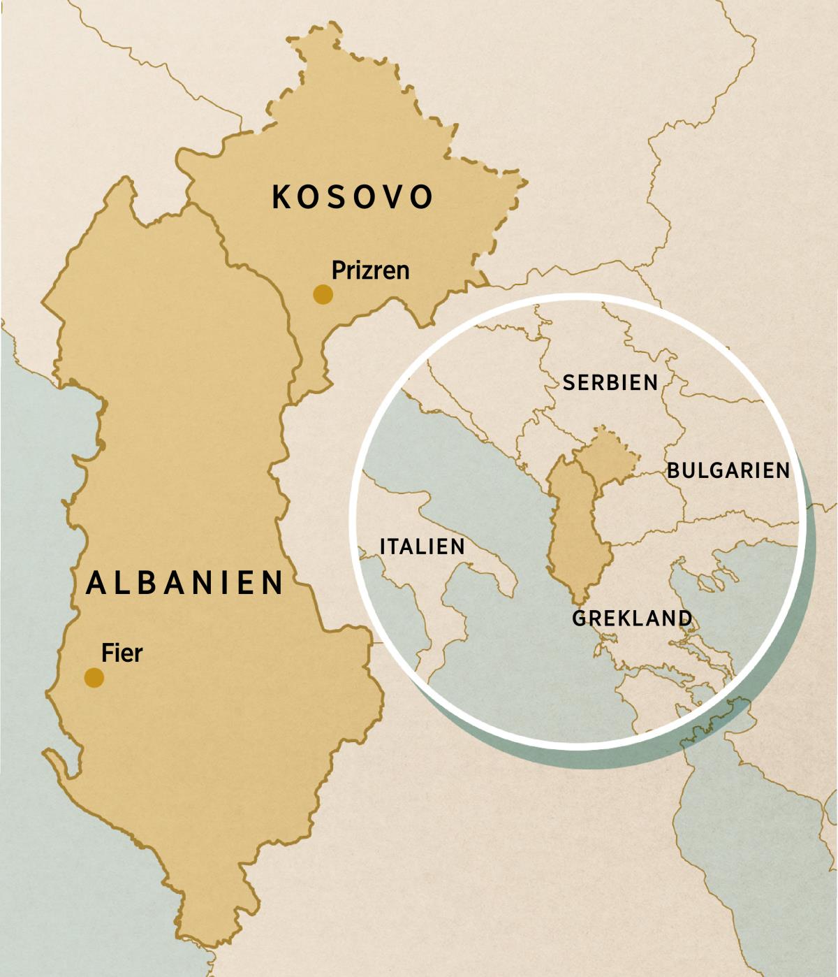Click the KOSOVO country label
coord(352,197)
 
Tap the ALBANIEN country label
coord(185,582)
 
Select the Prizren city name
coord(370,270)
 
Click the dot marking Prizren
coord(323,294)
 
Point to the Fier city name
coord(122,653)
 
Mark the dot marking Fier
coord(94,677)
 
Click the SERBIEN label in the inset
coord(610,382)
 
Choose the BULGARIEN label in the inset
coord(728,470)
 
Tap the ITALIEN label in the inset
coord(422,547)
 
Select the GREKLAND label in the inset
coord(632,618)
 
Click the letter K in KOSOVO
coord(281,197)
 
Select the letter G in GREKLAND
coord(580,618)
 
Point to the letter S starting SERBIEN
coord(568,382)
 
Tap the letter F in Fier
coord(107,653)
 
